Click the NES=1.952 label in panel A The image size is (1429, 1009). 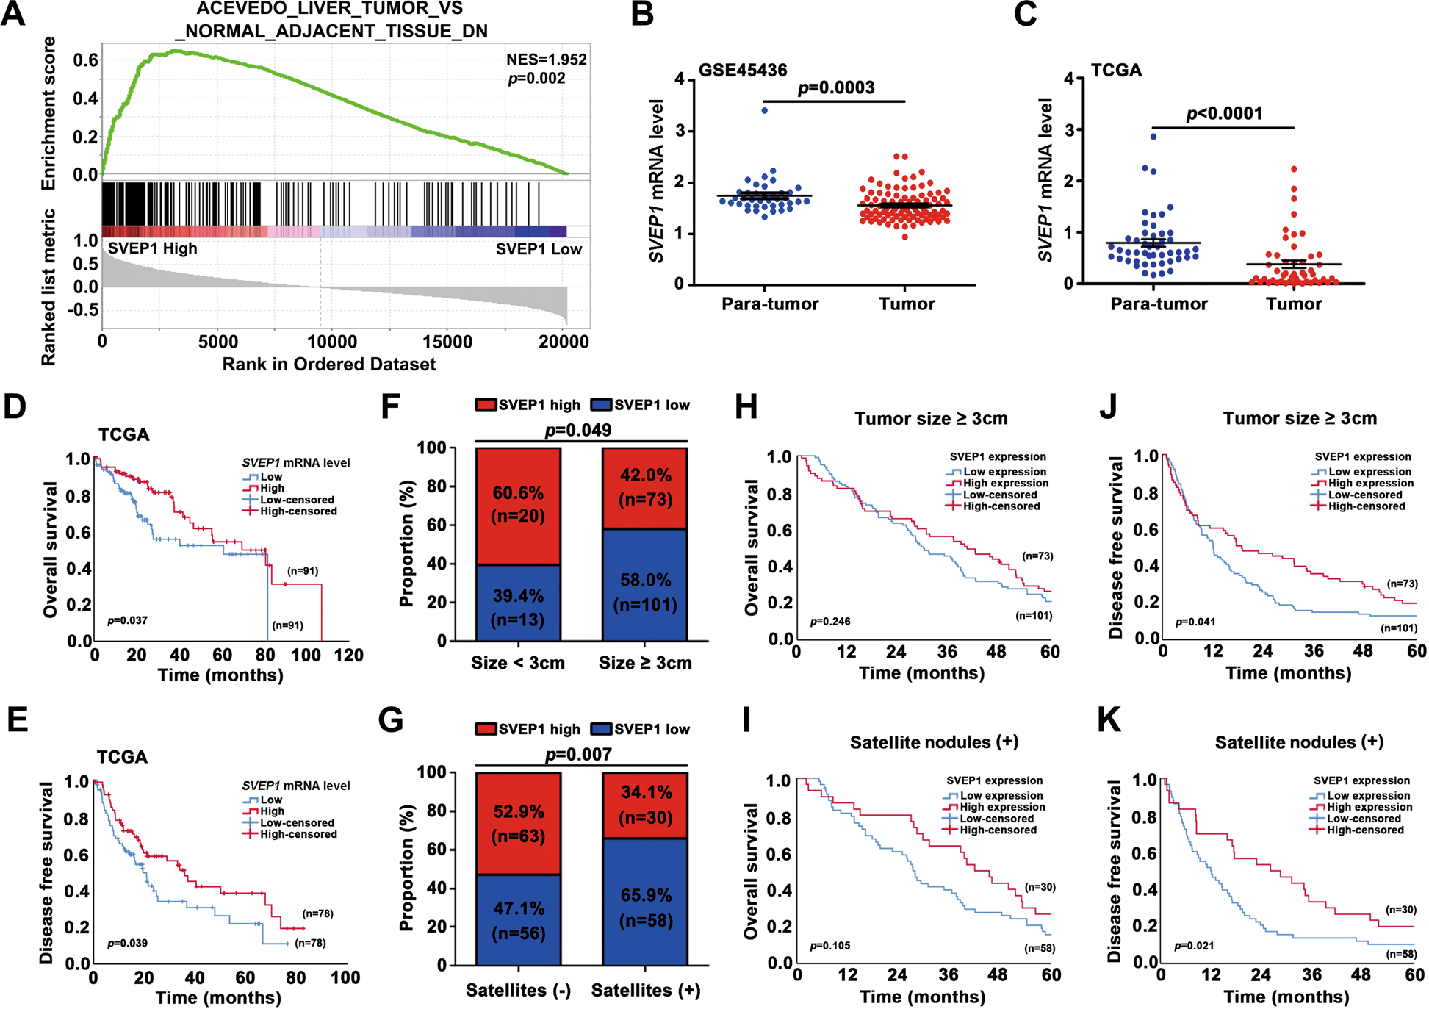tap(546, 60)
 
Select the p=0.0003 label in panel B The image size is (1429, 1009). tap(835, 87)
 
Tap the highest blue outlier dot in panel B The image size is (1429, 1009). tap(765, 110)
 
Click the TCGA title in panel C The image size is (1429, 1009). tap(1116, 71)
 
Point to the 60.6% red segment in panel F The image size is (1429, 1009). tap(518, 505)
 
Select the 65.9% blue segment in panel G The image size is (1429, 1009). tap(645, 907)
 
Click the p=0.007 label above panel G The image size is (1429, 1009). tap(578, 755)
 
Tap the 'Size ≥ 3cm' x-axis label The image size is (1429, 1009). tap(645, 663)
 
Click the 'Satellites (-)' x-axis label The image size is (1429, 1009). tap(518, 991)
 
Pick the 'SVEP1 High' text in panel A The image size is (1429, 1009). tap(153, 248)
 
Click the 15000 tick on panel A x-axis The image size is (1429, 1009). tap(447, 342)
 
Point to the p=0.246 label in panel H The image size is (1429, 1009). tap(830, 622)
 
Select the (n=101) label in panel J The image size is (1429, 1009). tap(1398, 628)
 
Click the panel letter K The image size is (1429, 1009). tap(1109, 721)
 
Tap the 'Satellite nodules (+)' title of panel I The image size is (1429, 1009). tap(933, 742)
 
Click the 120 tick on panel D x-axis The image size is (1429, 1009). tap(348, 655)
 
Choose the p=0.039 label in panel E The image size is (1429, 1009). tap(127, 943)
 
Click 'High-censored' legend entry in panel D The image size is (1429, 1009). tap(298, 511)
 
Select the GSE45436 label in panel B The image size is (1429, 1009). tap(742, 71)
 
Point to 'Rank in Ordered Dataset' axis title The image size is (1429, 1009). tap(329, 365)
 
